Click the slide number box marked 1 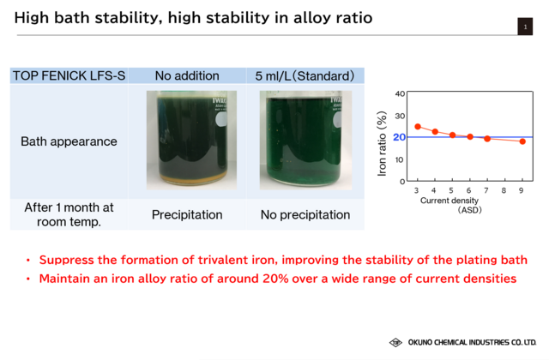click(525, 27)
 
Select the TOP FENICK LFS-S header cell click(69, 75)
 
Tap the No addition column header click(187, 75)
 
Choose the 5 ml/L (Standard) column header click(305, 75)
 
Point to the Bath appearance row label click(69, 141)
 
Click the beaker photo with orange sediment click(191, 140)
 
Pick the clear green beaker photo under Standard click(305, 140)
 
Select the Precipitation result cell click(187, 214)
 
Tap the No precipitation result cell click(305, 214)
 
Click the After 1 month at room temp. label click(69, 214)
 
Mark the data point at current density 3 click(418, 127)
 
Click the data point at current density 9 click(522, 141)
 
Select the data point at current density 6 click(470, 137)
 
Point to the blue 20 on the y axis click(399, 137)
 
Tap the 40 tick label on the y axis click(400, 93)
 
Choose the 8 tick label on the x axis click(504, 190)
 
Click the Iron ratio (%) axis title click(382, 143)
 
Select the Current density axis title click(449, 201)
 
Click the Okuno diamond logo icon click(395, 342)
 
